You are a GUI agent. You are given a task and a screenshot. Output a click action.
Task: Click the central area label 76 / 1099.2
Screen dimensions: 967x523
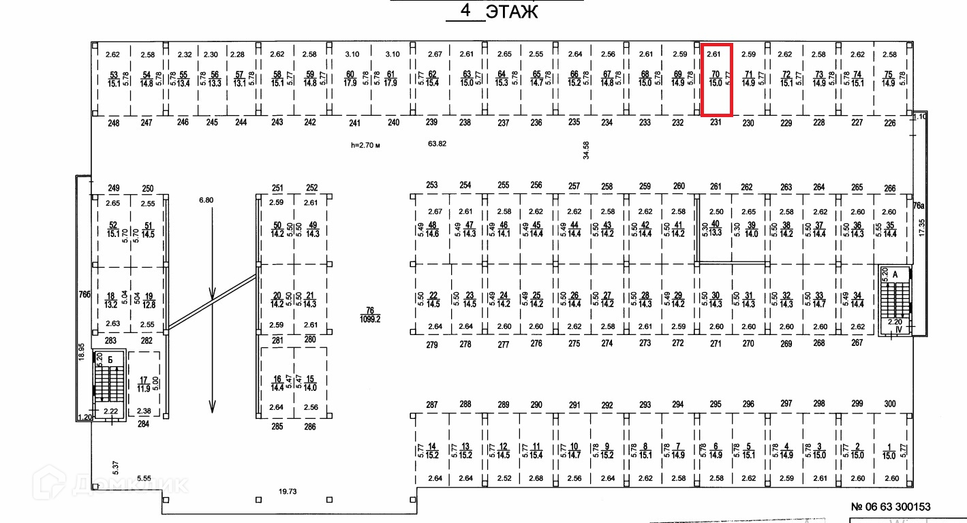coord(371,314)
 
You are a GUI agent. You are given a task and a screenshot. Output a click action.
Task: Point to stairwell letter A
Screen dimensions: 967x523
coord(896,274)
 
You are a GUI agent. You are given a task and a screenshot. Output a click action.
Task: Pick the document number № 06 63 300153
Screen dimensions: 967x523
coord(890,507)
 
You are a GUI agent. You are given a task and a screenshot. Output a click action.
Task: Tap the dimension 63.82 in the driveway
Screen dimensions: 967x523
coord(437,144)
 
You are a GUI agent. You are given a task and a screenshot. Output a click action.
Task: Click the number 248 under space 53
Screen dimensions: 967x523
coord(113,123)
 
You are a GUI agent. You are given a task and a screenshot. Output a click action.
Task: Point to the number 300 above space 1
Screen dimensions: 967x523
coord(890,405)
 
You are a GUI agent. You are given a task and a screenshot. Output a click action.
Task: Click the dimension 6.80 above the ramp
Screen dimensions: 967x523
coord(205,200)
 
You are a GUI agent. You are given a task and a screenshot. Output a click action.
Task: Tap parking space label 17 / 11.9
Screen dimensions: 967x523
coord(144,384)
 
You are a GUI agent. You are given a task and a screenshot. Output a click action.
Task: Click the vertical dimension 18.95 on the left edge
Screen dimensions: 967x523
coord(81,351)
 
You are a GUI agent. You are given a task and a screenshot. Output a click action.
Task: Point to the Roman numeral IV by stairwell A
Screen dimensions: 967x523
coord(897,330)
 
